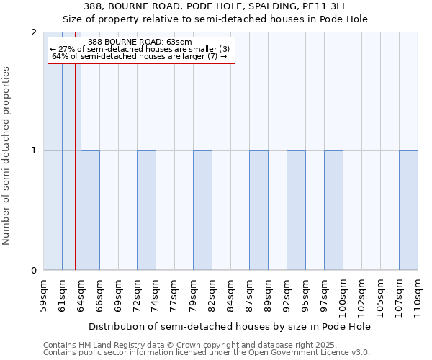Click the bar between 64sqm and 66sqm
pos(90,210)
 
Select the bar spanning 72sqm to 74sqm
pos(146,210)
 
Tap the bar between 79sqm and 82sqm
pos(202,210)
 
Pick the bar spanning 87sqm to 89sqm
pos(258,210)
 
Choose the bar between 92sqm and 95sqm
pos(296,210)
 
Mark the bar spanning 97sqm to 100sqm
pos(333,210)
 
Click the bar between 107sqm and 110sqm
pos(408,210)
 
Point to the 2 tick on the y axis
pos(34,32)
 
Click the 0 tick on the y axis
pos(34,271)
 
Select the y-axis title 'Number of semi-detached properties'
pos(7,156)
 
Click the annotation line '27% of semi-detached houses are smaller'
pos(140,49)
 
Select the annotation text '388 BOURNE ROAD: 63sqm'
pos(140,42)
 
